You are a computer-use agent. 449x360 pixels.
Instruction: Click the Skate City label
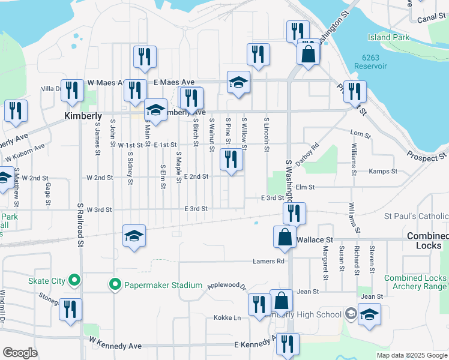click(x=44, y=280)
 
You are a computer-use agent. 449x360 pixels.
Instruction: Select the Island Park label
click(x=388, y=37)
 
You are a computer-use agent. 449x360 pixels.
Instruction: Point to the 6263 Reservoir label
click(x=374, y=62)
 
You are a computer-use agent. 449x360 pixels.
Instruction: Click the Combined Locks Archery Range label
click(x=415, y=283)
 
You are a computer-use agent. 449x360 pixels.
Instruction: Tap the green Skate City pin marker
click(x=74, y=280)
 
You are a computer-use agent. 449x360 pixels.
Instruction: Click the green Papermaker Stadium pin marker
click(x=115, y=284)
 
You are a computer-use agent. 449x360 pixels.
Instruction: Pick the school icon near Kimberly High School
click(x=369, y=314)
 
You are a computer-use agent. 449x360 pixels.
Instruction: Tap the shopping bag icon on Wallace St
click(x=285, y=237)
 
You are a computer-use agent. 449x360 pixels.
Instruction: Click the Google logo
click(x=20, y=353)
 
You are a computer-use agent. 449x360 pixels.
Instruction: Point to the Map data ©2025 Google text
click(x=411, y=355)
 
